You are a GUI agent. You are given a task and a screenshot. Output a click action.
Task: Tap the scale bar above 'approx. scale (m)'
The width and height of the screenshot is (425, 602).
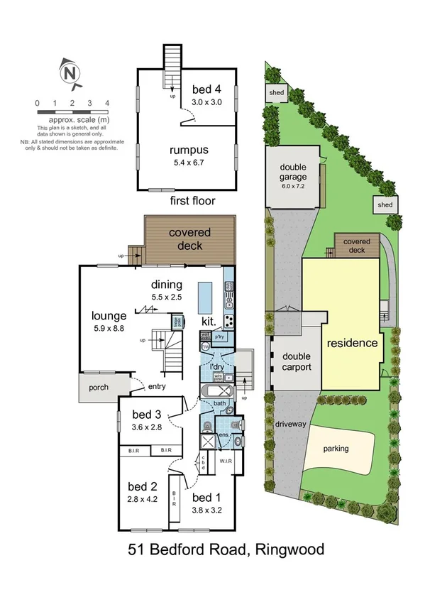click(72, 111)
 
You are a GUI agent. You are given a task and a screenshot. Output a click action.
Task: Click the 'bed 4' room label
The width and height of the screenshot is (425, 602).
click(207, 89)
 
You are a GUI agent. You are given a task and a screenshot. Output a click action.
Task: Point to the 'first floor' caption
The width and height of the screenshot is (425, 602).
click(194, 202)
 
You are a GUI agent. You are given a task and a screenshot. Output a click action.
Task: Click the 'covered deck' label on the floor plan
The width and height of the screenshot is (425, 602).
click(186, 239)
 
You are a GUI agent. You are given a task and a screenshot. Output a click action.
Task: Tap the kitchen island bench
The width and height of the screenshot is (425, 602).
click(205, 300)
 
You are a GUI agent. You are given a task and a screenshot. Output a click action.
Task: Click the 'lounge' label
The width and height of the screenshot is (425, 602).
click(109, 316)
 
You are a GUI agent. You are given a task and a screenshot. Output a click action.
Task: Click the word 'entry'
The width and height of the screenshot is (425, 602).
click(157, 387)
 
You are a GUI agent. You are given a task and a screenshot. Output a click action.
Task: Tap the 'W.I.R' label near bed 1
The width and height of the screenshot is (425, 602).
click(227, 461)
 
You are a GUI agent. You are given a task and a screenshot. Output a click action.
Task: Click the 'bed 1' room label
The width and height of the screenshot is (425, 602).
click(207, 496)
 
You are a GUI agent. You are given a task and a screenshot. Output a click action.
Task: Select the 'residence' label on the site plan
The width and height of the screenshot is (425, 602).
click(352, 343)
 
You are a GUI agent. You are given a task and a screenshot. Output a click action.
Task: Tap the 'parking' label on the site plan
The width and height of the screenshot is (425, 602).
click(336, 449)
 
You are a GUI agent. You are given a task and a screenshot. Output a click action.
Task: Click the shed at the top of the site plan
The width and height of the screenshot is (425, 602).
click(275, 93)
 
